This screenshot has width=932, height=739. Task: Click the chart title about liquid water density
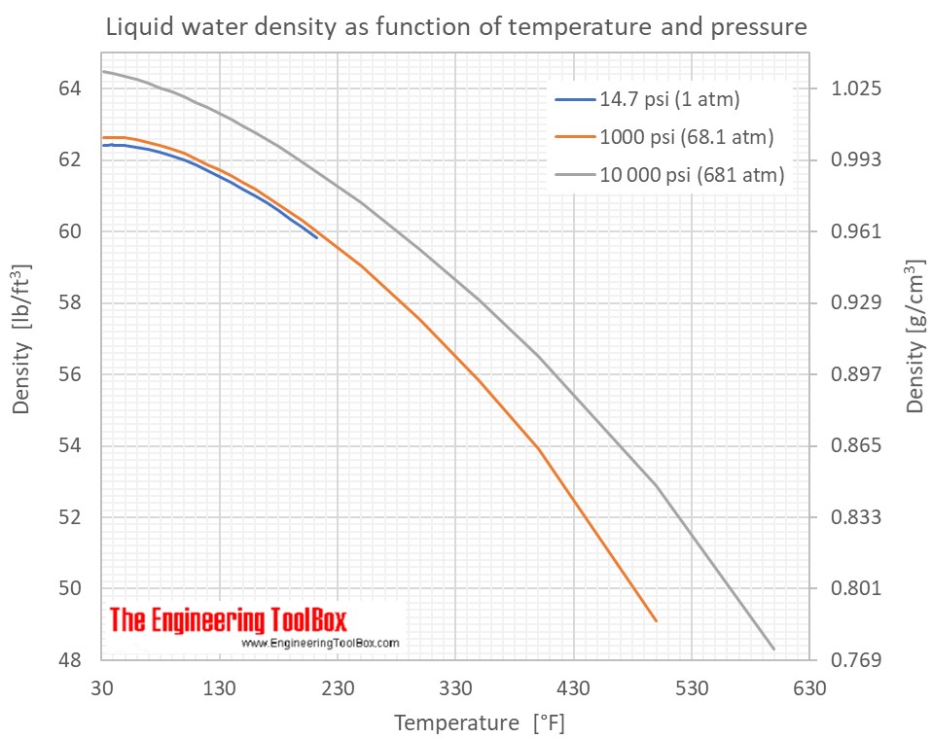click(x=455, y=27)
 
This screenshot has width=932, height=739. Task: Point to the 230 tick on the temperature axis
click(x=338, y=689)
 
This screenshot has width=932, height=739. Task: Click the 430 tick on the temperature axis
click(x=573, y=689)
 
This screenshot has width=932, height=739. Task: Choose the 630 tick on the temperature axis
click(x=808, y=689)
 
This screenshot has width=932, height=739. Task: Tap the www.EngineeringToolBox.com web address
click(x=320, y=643)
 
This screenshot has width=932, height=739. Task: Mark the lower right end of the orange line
click(x=657, y=620)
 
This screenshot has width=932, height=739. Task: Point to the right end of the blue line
click(x=316, y=237)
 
